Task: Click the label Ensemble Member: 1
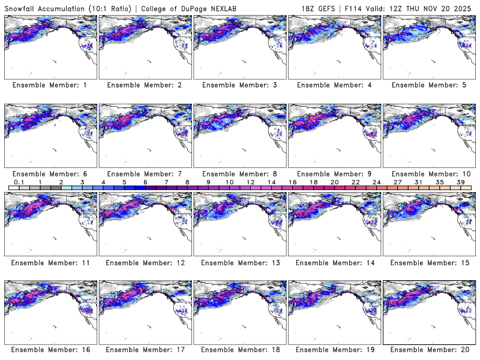pos(49,85)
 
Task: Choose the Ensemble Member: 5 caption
pos(428,85)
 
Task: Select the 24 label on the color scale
pos(376,181)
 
